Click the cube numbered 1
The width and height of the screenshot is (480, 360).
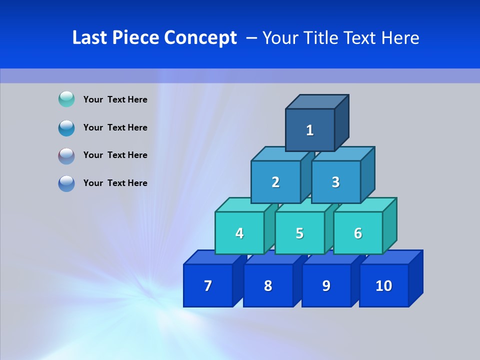[x=310, y=130]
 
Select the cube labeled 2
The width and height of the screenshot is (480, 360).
[x=275, y=182]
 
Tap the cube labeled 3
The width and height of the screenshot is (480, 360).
[x=335, y=182]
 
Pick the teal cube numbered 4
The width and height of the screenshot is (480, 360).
[x=239, y=233]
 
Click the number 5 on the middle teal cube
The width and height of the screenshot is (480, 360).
[x=299, y=233]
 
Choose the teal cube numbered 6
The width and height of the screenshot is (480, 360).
[x=358, y=233]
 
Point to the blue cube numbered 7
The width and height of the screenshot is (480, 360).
[x=208, y=285]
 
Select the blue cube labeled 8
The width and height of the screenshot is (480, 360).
[x=268, y=285]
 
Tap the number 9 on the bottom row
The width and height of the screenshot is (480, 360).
[x=326, y=285]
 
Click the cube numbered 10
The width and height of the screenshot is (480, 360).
[x=384, y=285]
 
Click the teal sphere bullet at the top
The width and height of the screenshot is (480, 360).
[x=66, y=99]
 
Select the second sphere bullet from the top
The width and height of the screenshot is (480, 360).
[x=66, y=127]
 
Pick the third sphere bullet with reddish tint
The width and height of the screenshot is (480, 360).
[x=66, y=155]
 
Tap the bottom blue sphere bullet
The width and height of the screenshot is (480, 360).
[x=66, y=183]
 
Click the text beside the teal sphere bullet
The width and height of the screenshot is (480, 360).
[x=115, y=99]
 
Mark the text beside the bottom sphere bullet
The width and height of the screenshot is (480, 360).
[x=115, y=183]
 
